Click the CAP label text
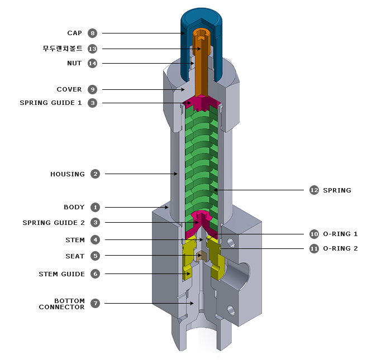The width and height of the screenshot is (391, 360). pyautogui.click(x=74, y=33)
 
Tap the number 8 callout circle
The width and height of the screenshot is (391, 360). pyautogui.click(x=93, y=33)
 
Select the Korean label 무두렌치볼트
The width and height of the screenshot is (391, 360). pyautogui.click(x=62, y=49)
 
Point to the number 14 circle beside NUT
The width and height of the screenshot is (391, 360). pyautogui.click(x=93, y=63)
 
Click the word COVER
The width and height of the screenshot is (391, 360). pyautogui.click(x=69, y=89)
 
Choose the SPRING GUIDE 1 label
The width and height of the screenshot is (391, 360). pyautogui.click(x=51, y=103)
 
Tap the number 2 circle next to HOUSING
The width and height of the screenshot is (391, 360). pyautogui.click(x=96, y=174)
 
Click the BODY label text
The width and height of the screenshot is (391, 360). pyautogui.click(x=74, y=207)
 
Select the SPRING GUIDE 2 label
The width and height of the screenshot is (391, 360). pyautogui.click(x=54, y=223)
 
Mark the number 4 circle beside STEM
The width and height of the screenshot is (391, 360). pyautogui.click(x=96, y=240)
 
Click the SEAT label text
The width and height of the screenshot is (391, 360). pyautogui.click(x=75, y=256)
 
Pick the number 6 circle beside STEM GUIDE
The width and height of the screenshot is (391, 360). pyautogui.click(x=96, y=274)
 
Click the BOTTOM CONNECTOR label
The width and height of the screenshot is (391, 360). pyautogui.click(x=62, y=304)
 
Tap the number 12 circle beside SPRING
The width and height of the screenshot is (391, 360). pyautogui.click(x=314, y=190)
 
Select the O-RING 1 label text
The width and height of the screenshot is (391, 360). pyautogui.click(x=341, y=234)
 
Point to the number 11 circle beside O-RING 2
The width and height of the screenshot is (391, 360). pyautogui.click(x=314, y=248)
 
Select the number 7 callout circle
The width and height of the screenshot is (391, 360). pyautogui.click(x=96, y=303)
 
